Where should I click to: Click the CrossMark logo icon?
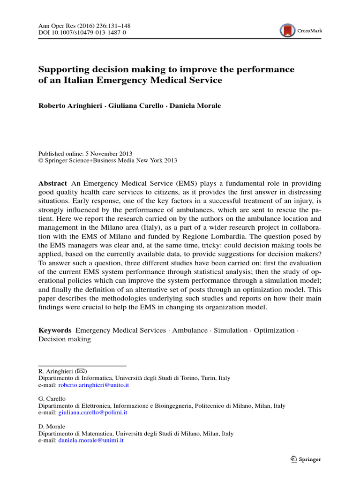288,31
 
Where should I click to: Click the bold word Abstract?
53,183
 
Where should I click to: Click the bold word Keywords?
55,330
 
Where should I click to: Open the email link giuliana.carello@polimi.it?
92,413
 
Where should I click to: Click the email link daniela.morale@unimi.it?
91,441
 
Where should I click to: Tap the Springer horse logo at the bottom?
293,459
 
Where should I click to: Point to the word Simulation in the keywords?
230,330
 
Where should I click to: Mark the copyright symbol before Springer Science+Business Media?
41,160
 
